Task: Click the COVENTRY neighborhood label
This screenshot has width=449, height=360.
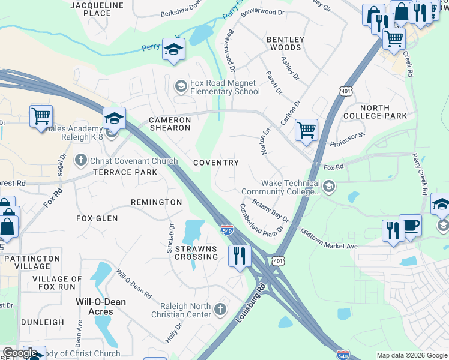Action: click(x=216, y=163)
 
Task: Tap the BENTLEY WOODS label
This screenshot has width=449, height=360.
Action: click(x=285, y=43)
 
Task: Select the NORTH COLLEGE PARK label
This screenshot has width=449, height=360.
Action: click(x=375, y=112)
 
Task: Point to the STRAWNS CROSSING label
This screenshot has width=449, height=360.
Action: click(x=196, y=253)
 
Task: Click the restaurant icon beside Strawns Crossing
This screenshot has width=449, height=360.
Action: click(x=240, y=256)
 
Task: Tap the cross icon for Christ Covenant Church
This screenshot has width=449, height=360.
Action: click(x=81, y=161)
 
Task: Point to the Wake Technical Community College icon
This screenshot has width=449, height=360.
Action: click(x=328, y=187)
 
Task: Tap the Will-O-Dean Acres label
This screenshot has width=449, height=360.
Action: click(x=101, y=307)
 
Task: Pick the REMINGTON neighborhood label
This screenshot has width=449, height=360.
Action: click(x=156, y=202)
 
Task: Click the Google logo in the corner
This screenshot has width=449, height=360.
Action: click(x=20, y=353)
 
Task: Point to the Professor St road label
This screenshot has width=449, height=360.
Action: click(x=348, y=140)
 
